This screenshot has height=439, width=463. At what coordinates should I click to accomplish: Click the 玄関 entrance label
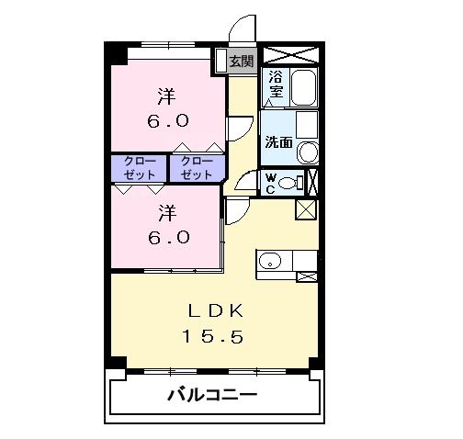coord(241,62)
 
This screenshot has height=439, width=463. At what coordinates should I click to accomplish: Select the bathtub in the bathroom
coord(303,89)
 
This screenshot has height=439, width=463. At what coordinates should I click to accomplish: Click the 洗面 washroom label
coord(278,142)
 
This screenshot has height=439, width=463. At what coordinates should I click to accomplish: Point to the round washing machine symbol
coord(309,152)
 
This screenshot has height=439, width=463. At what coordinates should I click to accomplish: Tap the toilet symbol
coord(292,183)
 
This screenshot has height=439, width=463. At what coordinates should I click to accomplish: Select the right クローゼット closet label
coord(197,167)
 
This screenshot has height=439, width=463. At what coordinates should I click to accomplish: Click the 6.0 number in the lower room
coord(168,236)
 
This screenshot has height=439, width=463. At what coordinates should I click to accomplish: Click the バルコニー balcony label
coord(212,397)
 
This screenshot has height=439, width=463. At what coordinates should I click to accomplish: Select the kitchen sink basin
coord(269,263)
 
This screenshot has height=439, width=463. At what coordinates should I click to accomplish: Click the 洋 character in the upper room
coord(166,95)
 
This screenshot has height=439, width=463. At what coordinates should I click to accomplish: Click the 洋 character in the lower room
coord(166,212)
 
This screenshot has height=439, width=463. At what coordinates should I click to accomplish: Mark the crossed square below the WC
coord(305,208)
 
